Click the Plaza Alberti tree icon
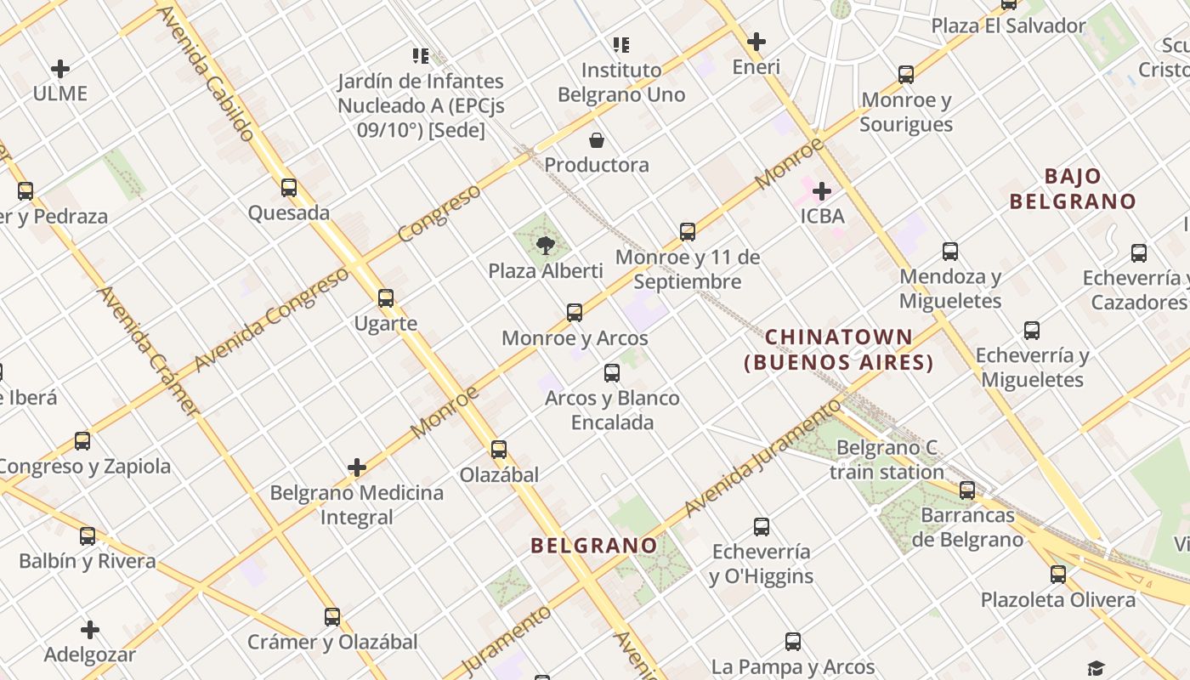click(x=545, y=246)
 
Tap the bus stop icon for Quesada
click(x=289, y=188)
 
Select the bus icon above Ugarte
click(x=386, y=298)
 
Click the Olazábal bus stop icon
click(x=499, y=450)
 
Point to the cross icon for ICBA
click(x=821, y=191)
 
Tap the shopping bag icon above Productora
click(x=597, y=140)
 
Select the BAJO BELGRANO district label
click(x=1073, y=189)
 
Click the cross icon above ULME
click(x=60, y=69)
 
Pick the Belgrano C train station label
click(x=887, y=460)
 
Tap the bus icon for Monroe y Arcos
click(x=575, y=313)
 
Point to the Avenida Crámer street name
click(x=150, y=350)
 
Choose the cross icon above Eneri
click(x=756, y=42)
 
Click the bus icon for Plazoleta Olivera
click(x=1057, y=575)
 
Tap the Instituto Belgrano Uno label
click(x=621, y=82)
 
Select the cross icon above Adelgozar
click(x=90, y=630)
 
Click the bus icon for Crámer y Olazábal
click(x=332, y=617)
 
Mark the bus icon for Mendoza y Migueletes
click(x=950, y=252)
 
